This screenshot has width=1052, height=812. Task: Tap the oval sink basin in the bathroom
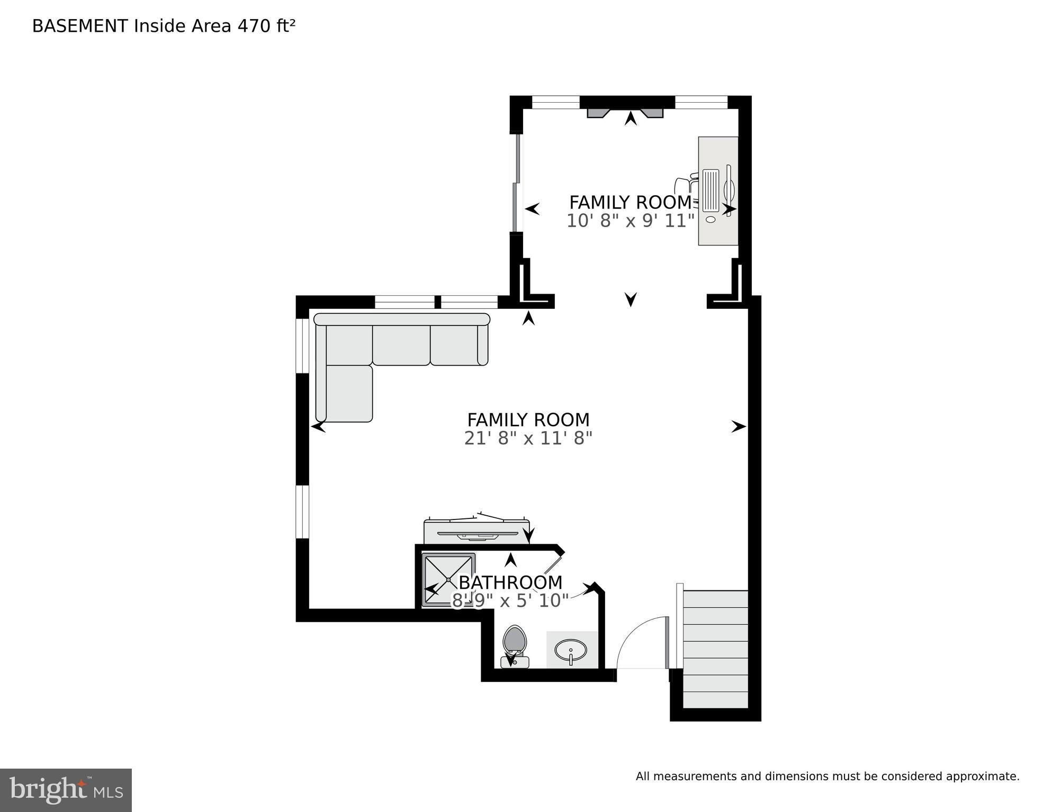[571, 649]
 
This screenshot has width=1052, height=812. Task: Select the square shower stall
[448, 580]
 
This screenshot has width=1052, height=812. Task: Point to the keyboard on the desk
[711, 190]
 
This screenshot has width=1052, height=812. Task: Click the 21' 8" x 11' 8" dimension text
[528, 439]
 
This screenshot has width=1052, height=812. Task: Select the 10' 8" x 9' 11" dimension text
[630, 221]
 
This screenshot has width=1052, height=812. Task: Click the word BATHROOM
[510, 582]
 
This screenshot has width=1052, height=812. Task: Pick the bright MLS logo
[66, 790]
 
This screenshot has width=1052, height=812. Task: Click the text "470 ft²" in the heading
[266, 26]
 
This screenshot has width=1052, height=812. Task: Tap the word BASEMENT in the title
[80, 26]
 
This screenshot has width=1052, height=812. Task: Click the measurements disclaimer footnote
[827, 777]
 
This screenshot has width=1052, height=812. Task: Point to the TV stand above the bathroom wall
[476, 532]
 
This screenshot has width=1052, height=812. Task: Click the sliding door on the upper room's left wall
[516, 183]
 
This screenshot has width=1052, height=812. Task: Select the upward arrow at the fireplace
[630, 118]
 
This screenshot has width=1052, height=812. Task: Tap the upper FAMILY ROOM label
[630, 203]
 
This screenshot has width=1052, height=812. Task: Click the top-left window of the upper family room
[555, 102]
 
